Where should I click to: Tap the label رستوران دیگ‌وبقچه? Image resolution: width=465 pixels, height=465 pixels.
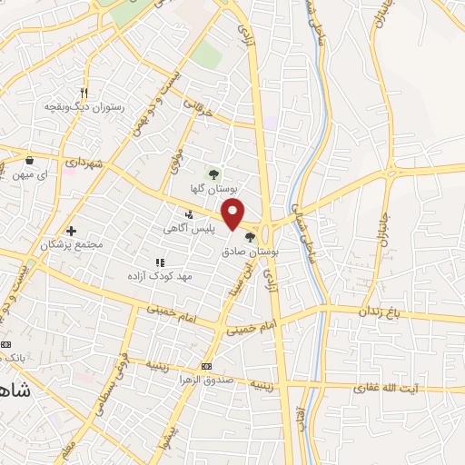[x=83, y=105]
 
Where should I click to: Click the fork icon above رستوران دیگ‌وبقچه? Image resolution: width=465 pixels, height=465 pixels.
[x=83, y=93]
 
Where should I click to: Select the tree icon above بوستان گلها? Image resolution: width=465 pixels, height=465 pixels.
[x=214, y=173]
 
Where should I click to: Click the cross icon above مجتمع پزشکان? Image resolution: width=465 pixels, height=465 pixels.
[x=72, y=232]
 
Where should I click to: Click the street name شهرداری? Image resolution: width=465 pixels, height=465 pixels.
[x=87, y=161]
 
